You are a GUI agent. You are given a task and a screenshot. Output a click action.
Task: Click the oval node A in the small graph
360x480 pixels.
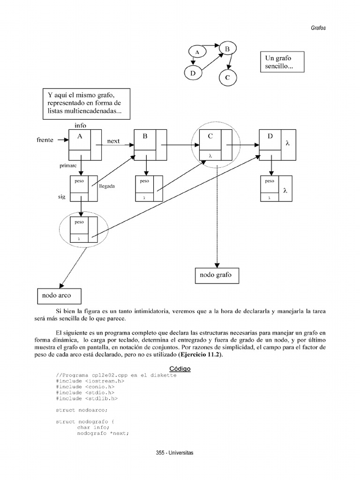point(197,52)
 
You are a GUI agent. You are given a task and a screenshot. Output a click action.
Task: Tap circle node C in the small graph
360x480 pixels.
point(227,77)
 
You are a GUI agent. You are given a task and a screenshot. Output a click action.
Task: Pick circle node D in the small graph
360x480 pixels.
point(193,73)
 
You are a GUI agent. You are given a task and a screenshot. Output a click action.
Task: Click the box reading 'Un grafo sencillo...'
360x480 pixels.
point(282,62)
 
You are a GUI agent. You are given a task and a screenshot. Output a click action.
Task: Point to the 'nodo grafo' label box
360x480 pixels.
point(216,275)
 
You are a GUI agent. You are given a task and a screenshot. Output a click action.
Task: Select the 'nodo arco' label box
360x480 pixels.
point(59,296)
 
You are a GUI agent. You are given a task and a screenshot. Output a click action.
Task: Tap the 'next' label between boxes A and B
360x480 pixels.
point(114,141)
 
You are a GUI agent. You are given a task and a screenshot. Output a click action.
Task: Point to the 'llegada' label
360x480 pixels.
point(107,186)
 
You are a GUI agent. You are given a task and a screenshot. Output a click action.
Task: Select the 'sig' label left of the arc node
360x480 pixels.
point(61,198)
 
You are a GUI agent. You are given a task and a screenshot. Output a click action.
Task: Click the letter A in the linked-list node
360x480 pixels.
point(79,136)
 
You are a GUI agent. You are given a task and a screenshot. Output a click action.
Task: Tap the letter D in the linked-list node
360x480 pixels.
point(270,136)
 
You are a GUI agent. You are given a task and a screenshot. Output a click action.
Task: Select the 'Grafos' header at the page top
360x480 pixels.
point(318,28)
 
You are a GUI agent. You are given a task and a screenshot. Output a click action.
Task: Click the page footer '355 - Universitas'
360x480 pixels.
point(174,453)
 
